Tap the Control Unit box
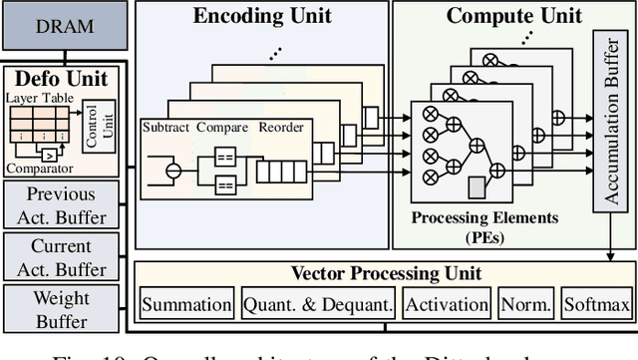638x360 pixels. (x=106, y=128)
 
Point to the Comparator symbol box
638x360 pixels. (x=49, y=154)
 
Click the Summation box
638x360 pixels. (x=186, y=305)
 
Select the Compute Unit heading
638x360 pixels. (x=500, y=16)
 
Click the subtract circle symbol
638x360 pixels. (x=173, y=170)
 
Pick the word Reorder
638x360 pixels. (x=280, y=127)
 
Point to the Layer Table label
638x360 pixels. (x=41, y=98)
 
